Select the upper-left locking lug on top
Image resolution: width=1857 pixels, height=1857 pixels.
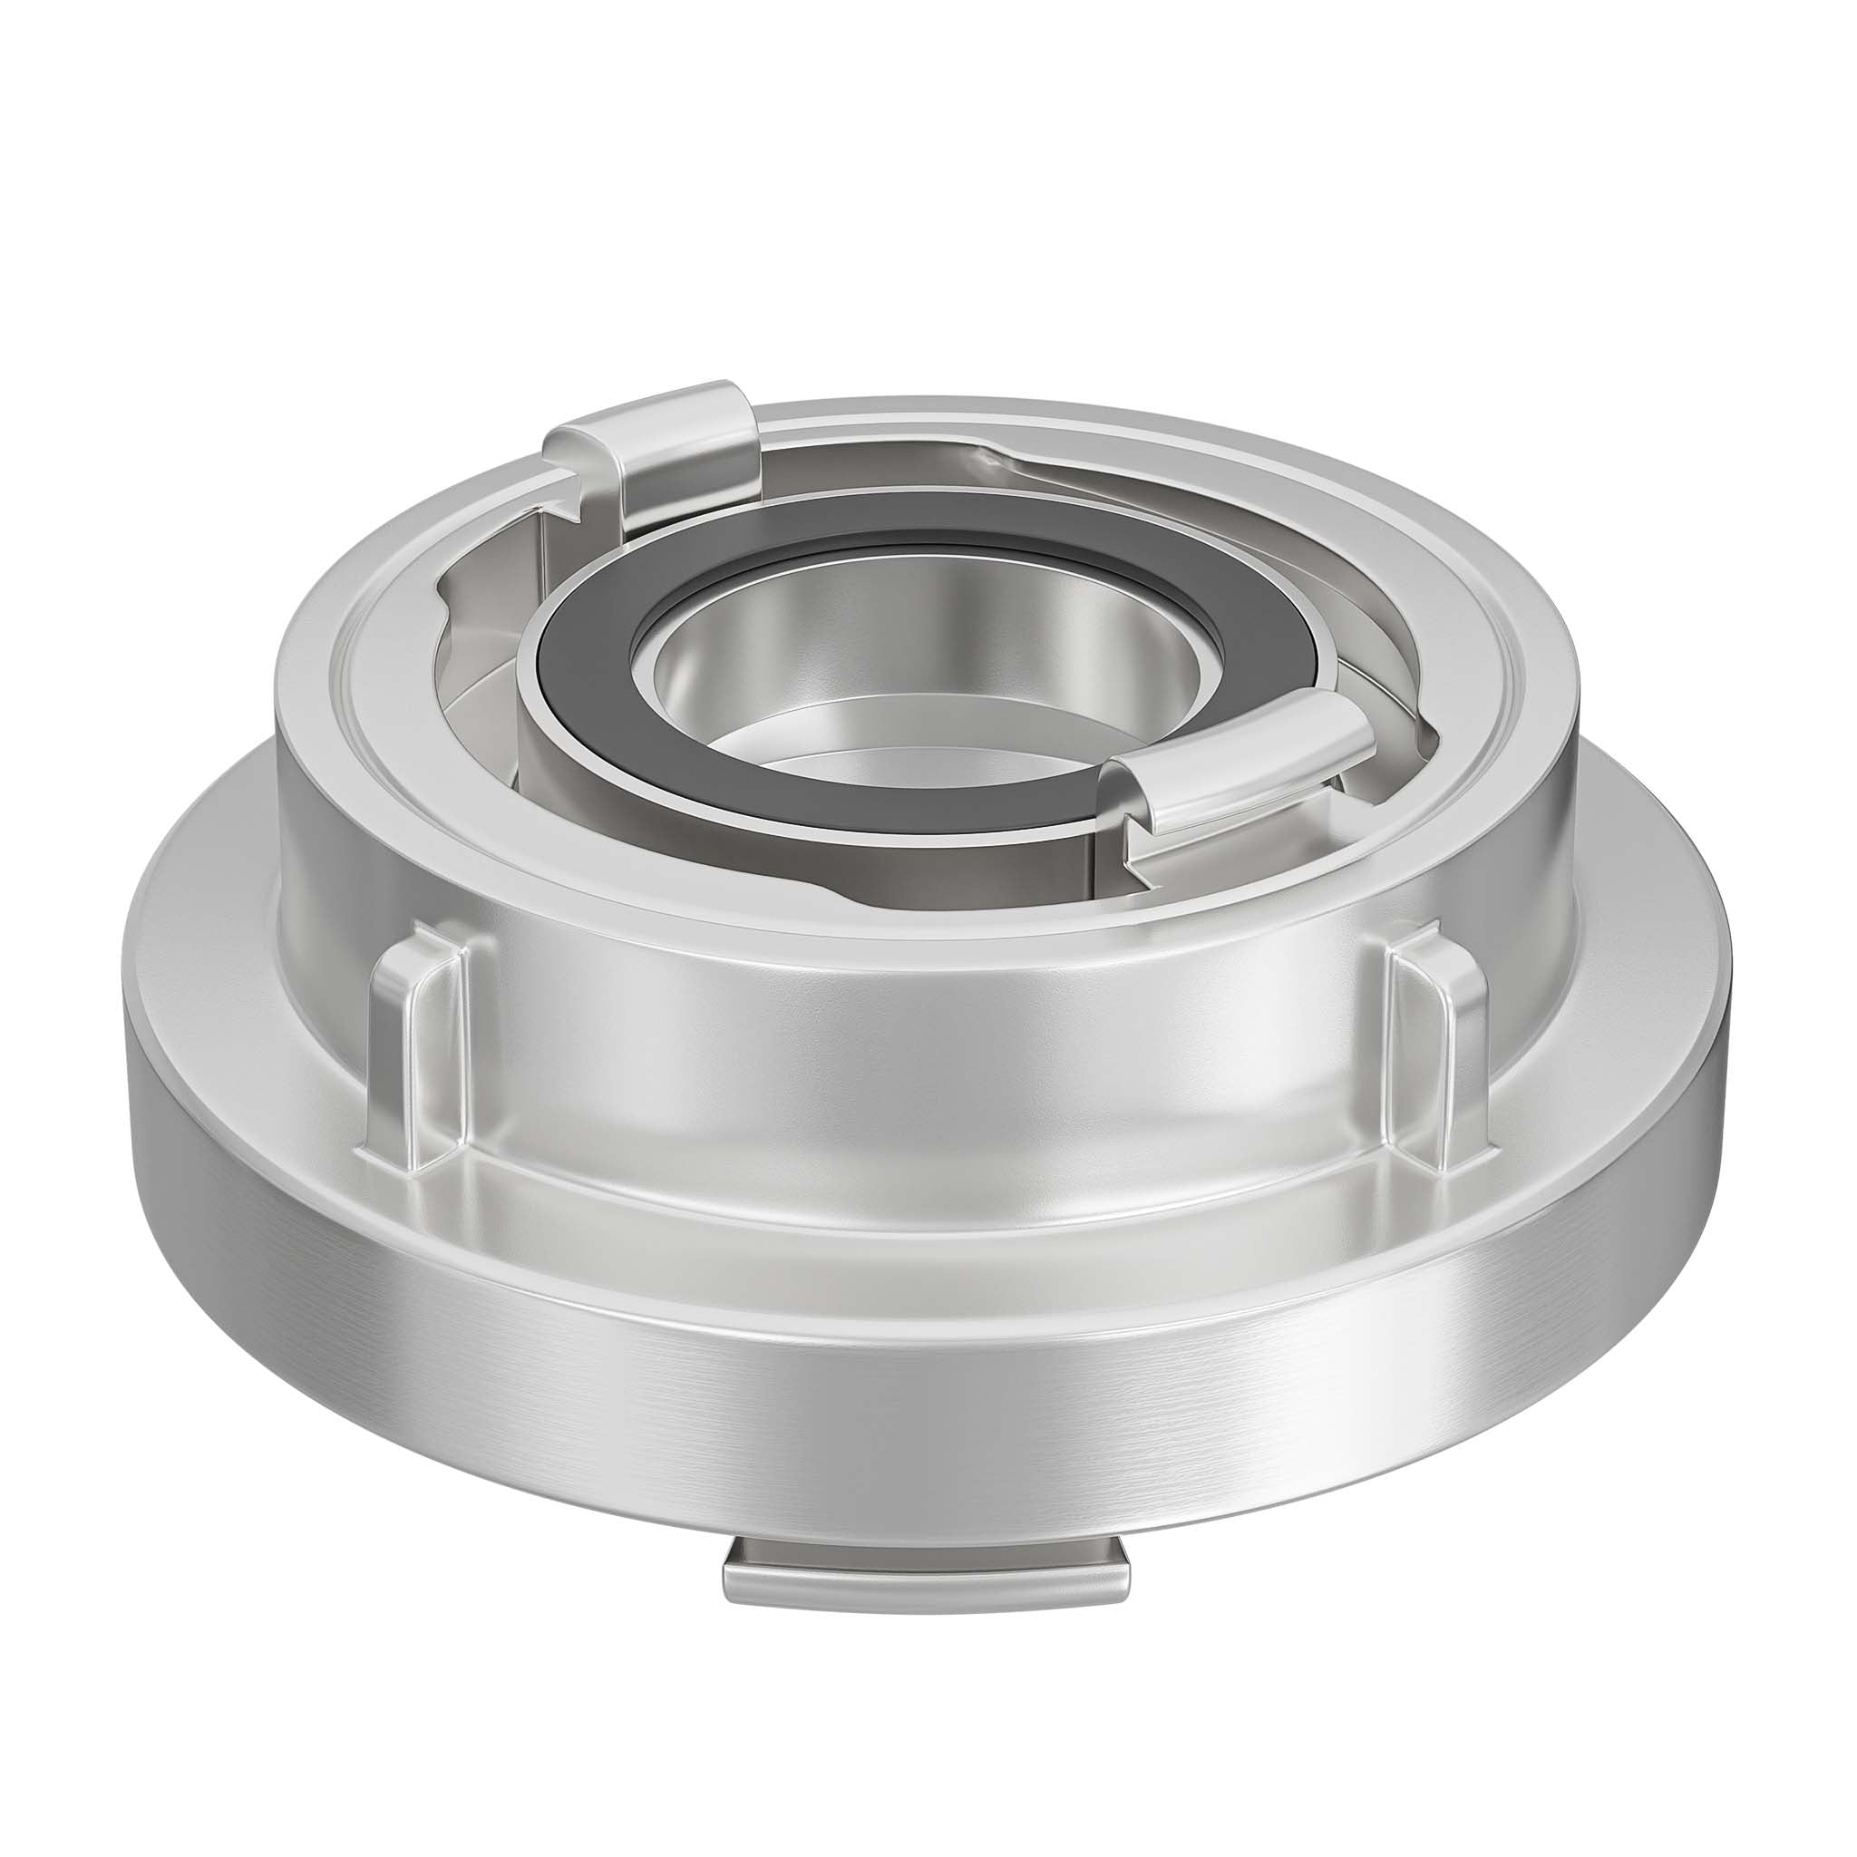click(673, 433)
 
